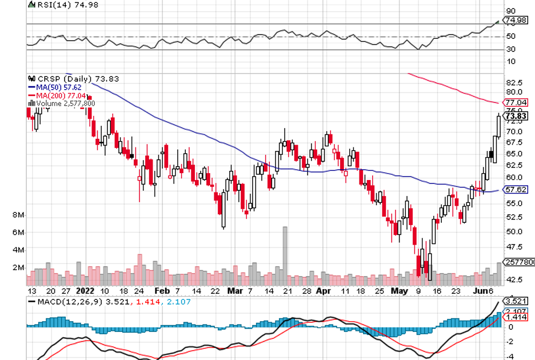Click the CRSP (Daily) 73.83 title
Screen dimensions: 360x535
tap(74, 78)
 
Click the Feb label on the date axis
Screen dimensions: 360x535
tap(162, 290)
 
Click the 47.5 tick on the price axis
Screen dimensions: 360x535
tap(514, 247)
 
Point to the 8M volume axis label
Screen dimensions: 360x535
tap(17, 215)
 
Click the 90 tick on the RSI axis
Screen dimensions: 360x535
tap(510, 11)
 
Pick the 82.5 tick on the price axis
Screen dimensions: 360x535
tap(514, 82)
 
